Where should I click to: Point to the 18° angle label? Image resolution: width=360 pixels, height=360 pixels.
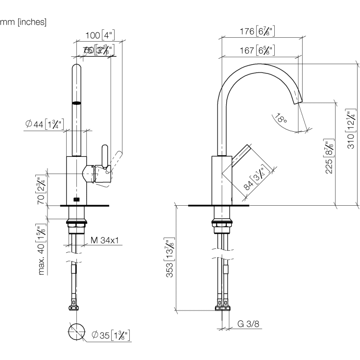[x=281, y=119]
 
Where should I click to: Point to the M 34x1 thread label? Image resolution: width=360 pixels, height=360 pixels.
[x=105, y=240]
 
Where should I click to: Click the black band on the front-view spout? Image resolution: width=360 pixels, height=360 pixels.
[x=76, y=103]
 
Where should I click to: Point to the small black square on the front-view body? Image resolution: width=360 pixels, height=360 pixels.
[x=76, y=199]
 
